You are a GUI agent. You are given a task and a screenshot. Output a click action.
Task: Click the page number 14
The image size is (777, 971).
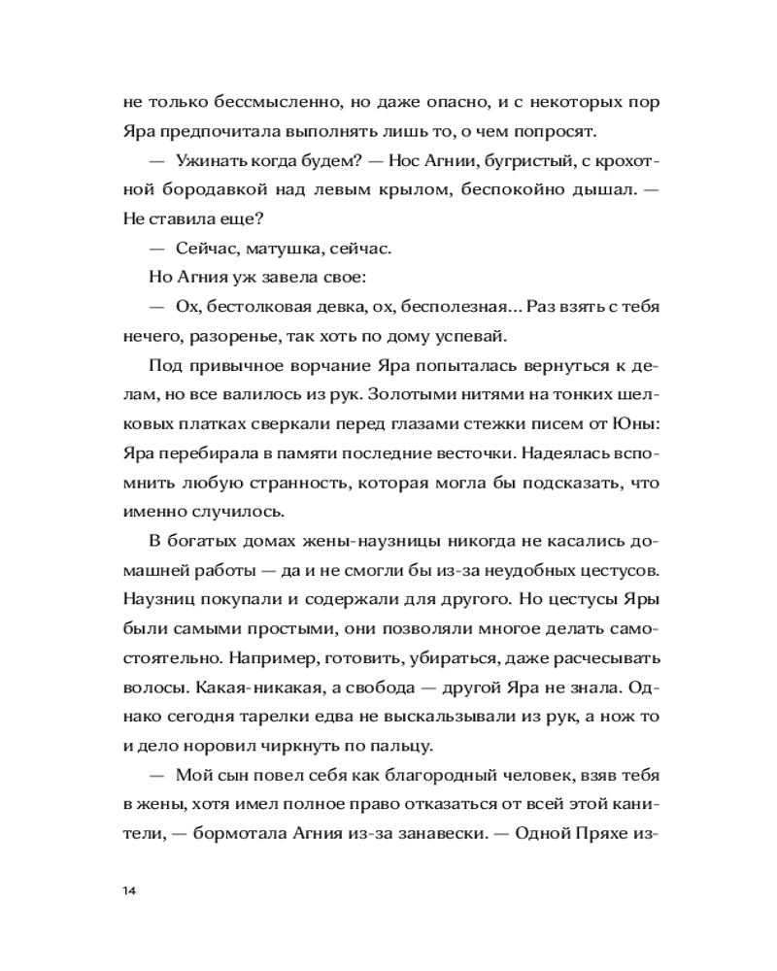pyautogui.click(x=129, y=890)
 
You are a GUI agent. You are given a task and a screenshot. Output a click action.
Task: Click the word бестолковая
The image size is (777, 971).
pyautogui.click(x=258, y=306)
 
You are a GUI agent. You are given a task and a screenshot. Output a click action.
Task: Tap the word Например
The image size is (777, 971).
pyautogui.click(x=268, y=656)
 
